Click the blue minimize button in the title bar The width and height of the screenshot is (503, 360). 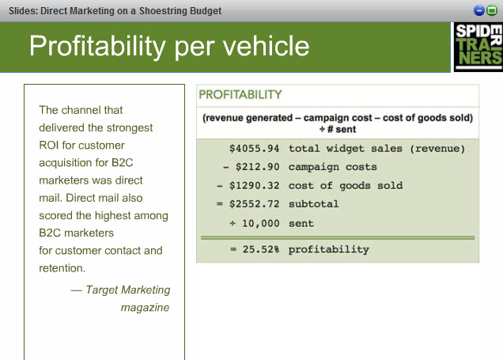(479, 10)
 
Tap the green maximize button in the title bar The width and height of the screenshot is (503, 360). (491, 10)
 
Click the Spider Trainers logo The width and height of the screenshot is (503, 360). (478, 47)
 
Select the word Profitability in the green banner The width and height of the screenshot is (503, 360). (97, 47)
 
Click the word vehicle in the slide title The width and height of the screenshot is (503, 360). (266, 46)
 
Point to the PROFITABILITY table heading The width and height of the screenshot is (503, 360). (240, 95)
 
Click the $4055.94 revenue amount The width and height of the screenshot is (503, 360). (254, 149)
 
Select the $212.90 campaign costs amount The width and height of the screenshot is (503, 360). (257, 167)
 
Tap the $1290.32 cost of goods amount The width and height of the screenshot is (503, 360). (254, 185)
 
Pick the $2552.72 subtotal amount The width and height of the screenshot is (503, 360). (254, 204)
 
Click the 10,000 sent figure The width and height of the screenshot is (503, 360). (260, 223)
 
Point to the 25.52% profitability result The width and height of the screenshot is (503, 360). (261, 249)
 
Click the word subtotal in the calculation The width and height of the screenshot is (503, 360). (314, 204)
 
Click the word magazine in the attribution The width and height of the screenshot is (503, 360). (145, 307)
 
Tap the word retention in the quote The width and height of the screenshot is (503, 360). (62, 268)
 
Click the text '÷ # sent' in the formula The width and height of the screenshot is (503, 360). (338, 129)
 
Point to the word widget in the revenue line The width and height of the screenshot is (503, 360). (345, 149)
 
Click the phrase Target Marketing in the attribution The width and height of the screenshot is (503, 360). (128, 290)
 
